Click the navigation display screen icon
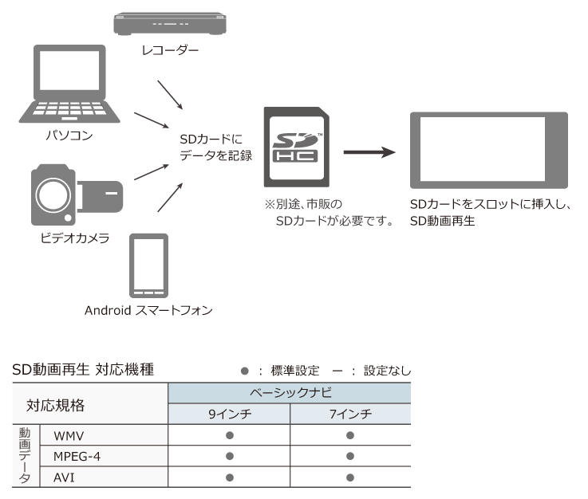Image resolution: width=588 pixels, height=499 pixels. point(488,149)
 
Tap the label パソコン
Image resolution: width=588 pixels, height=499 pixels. point(69,136)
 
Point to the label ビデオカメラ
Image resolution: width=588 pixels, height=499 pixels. point(75,238)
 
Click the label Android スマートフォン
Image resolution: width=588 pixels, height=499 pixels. point(149,310)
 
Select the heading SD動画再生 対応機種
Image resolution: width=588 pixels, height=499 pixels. point(83,370)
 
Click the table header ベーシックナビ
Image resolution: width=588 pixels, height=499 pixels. point(290,394)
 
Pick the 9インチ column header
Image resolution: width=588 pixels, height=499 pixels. point(230,415)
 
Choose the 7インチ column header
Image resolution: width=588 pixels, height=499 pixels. point(349,415)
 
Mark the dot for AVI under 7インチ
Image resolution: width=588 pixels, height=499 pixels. point(349,477)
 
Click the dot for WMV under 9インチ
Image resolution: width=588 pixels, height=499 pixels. point(230,435)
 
